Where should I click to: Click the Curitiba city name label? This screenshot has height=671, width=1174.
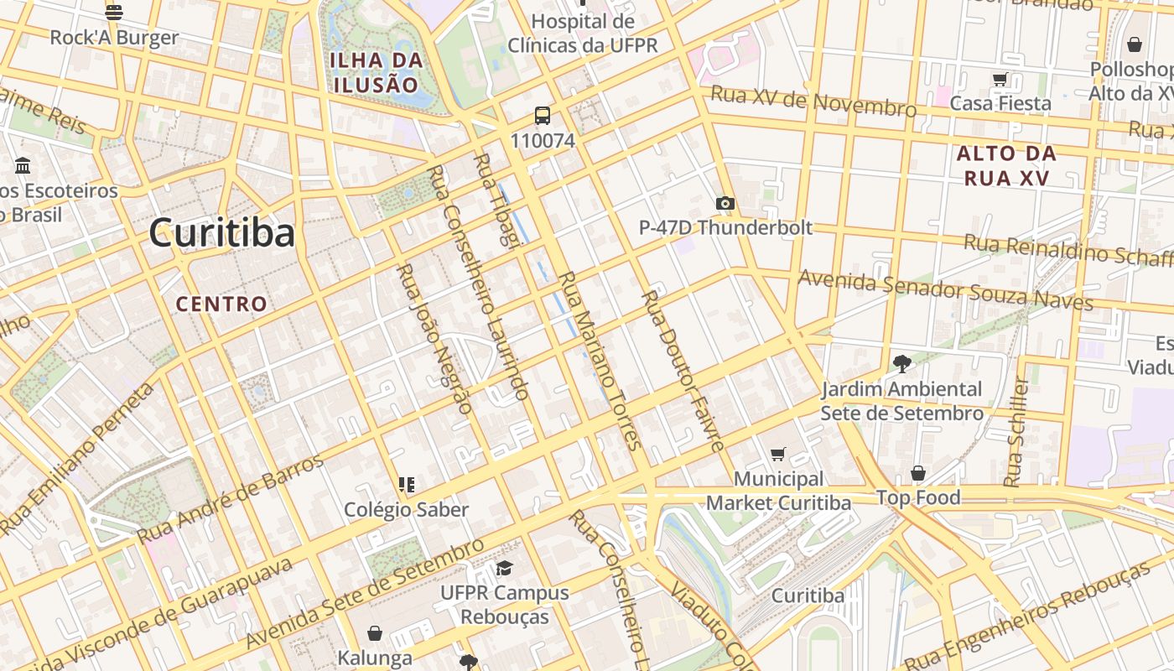coord(222,233)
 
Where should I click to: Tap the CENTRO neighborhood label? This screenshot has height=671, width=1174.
coord(221,304)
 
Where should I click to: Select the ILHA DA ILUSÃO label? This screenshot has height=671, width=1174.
coord(376,72)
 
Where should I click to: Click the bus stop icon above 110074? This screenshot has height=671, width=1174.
coord(543,117)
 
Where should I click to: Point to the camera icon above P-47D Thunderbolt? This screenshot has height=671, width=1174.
coord(725,203)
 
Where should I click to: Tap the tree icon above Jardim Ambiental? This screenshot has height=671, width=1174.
coord(901,364)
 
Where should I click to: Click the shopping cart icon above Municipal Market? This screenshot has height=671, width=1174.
coord(778,455)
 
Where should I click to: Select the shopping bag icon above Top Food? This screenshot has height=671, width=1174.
coord(918,474)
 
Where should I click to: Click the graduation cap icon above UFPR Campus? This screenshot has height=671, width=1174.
coord(504,569)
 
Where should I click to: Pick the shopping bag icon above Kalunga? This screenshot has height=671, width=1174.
coord(375,633)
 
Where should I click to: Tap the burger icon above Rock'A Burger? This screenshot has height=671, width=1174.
coord(114,13)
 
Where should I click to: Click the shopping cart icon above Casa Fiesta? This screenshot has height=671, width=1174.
coord(1000,80)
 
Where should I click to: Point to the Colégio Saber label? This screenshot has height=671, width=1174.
coord(407,509)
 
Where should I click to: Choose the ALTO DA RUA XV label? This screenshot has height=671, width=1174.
coord(1006,165)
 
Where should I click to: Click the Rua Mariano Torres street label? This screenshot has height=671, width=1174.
coord(600,361)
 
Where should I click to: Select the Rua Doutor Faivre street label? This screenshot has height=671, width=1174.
coord(683,371)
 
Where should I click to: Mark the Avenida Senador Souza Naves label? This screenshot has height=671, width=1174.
coord(945,290)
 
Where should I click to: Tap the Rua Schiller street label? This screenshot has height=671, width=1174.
coord(1016,432)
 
